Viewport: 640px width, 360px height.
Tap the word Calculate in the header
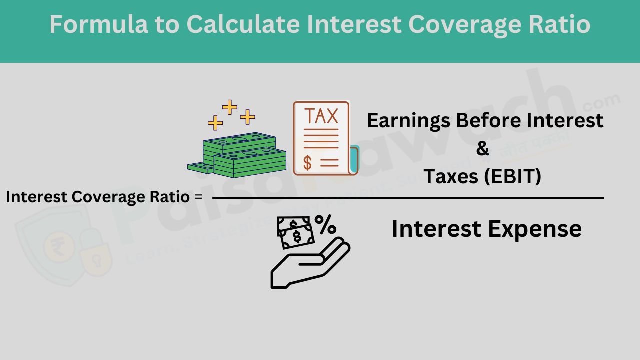point(243,24)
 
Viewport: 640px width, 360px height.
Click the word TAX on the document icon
point(321,116)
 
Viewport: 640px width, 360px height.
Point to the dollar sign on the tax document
point(308,162)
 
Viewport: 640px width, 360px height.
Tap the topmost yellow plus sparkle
point(229,106)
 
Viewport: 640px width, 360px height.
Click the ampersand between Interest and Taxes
point(482,148)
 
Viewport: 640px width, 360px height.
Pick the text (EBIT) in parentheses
point(513,176)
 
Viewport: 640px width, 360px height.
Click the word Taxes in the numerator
point(451,176)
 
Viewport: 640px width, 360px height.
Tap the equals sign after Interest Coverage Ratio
point(198,197)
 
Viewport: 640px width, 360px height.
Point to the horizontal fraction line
point(407,198)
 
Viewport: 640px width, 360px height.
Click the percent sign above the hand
point(325,225)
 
